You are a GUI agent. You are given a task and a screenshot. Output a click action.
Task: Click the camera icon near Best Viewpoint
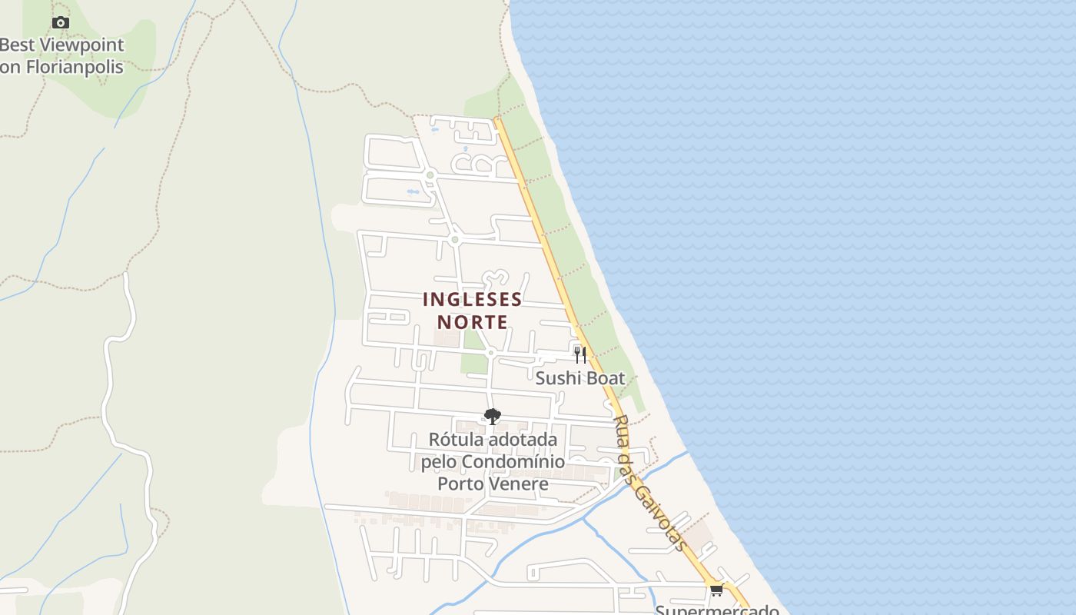click(61, 23)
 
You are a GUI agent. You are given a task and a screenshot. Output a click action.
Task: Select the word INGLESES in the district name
click(472, 299)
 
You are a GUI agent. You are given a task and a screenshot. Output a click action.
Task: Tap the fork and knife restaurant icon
click(580, 354)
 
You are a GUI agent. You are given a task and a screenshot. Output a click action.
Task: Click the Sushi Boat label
click(580, 378)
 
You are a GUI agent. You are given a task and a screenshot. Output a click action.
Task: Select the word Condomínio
click(513, 462)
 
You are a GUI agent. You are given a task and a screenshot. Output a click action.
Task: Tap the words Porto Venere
click(493, 484)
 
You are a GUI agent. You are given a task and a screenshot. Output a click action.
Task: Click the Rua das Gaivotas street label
click(650, 483)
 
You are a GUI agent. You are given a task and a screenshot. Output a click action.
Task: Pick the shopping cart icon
click(716, 590)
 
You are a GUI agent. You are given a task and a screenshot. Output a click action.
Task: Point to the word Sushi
click(558, 378)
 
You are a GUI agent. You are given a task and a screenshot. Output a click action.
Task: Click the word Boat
click(604, 378)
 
